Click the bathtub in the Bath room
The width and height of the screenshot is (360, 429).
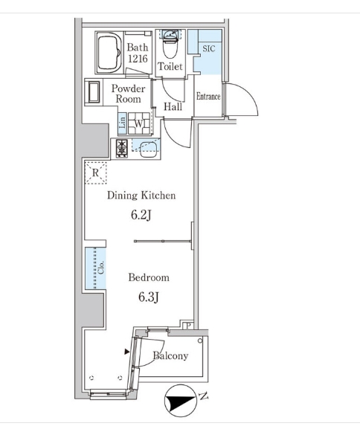pos(109,53)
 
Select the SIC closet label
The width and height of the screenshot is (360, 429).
pos(208,49)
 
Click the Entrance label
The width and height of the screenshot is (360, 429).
pos(208,97)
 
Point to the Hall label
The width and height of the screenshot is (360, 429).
pos(173,106)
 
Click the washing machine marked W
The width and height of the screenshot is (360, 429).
pos(139,123)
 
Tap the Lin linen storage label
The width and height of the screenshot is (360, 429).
pos(123,123)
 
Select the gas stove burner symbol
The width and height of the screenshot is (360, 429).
pos(122,148)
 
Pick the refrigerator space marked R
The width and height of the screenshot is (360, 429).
pos(95,173)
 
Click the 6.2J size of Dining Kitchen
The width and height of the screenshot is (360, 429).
pos(141,215)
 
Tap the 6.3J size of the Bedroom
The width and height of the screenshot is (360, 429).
pos(149,297)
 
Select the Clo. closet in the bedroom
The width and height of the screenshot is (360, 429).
pos(95,268)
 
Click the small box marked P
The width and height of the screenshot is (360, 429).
pos(188,326)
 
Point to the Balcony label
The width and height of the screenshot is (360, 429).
pos(170,355)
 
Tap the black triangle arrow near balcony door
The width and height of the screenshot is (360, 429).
pos(127,352)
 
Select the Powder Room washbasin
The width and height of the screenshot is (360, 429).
pos(94,92)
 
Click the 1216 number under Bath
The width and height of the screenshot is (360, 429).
pos(138,58)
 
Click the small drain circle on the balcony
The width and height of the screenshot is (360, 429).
pos(200,341)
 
